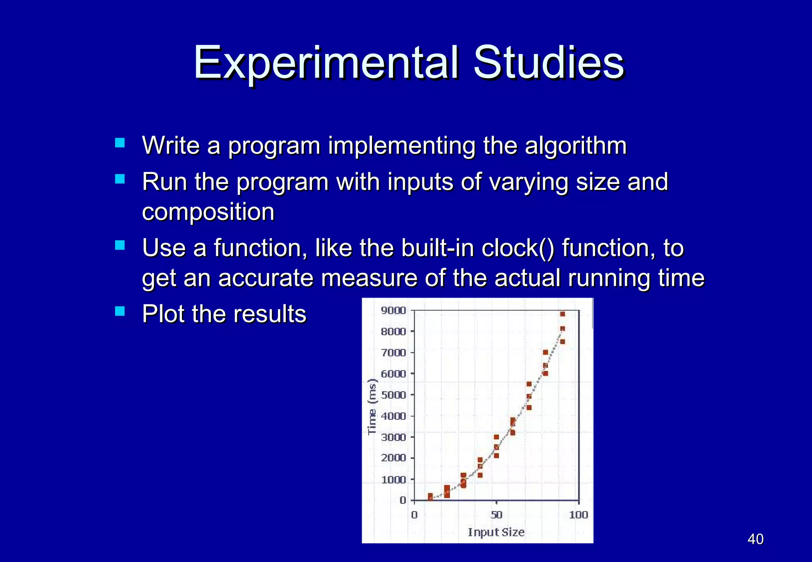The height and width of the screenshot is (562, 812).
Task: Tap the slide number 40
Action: click(x=755, y=539)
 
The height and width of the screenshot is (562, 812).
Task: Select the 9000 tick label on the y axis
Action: click(x=393, y=310)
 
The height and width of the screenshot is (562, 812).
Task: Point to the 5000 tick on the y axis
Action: click(x=393, y=395)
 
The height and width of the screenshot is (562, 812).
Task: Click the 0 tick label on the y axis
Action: click(x=403, y=500)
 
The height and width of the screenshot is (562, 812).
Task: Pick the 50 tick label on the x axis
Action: click(x=496, y=515)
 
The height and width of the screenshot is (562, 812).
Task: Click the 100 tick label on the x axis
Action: click(x=578, y=515)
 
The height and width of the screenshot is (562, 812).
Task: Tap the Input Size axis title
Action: click(x=496, y=532)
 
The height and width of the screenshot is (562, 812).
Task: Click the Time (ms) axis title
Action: click(x=372, y=407)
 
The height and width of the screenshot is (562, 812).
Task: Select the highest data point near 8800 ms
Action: click(x=562, y=314)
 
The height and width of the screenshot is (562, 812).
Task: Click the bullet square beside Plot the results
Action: click(x=120, y=311)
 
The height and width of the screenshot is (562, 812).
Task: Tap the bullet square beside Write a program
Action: click(x=120, y=143)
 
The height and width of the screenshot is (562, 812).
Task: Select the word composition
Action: click(x=208, y=212)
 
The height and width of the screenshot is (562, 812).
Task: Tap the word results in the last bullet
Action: click(x=270, y=314)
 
